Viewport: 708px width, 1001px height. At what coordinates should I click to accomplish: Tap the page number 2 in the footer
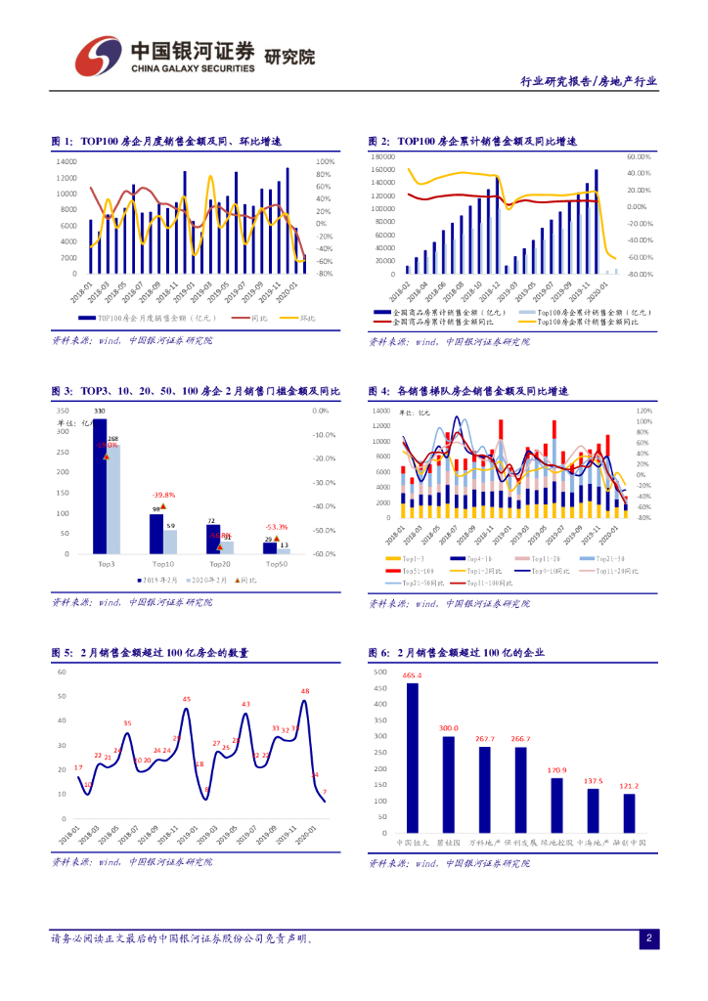(x=648, y=937)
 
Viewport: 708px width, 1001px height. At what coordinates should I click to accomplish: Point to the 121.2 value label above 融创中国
(x=629, y=786)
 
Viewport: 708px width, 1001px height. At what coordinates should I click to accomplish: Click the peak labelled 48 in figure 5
(x=305, y=691)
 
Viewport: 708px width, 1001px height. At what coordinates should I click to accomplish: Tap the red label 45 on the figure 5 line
(x=187, y=699)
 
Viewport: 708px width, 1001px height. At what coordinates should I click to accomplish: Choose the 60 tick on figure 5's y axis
(x=61, y=673)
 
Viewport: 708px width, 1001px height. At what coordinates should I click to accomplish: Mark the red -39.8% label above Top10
(x=162, y=495)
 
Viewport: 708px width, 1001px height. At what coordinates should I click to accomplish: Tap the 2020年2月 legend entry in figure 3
(x=209, y=580)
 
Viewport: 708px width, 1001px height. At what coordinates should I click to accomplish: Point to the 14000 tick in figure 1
(x=66, y=161)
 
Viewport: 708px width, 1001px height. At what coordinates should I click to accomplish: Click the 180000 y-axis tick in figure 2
(x=381, y=156)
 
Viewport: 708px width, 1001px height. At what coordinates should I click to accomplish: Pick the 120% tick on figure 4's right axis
(x=643, y=412)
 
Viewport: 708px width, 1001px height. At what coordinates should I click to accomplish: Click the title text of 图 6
(x=456, y=653)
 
